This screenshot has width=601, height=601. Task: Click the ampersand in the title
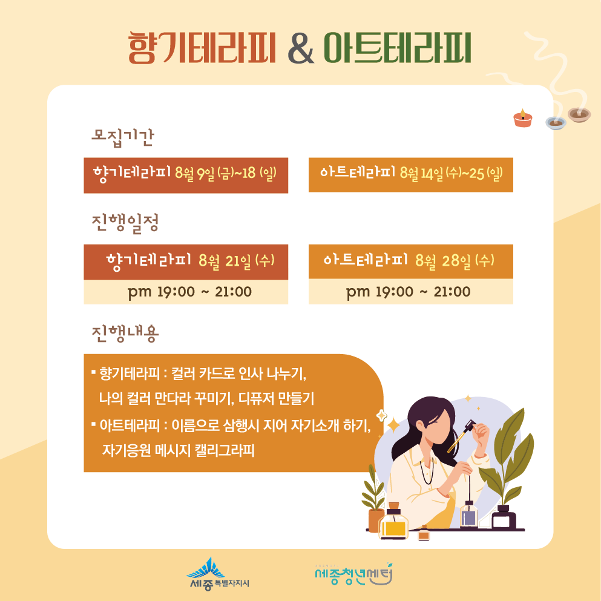301,48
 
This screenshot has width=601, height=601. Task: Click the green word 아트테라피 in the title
397,48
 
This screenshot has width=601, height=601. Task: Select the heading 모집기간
123,137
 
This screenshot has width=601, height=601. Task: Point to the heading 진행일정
125,222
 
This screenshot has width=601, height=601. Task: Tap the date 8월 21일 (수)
237,261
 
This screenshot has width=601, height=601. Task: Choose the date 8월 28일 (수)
455,261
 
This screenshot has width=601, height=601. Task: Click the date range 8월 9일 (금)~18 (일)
226,174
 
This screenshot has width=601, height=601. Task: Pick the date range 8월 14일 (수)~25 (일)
451,173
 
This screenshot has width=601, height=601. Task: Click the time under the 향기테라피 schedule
189,292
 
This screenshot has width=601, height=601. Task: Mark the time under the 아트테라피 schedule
408,292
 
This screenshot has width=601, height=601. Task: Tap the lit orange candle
523,119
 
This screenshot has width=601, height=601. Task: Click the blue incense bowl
556,123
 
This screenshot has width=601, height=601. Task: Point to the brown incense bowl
579,114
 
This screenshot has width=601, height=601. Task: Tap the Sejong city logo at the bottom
217,574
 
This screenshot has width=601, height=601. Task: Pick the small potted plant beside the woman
374,499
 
